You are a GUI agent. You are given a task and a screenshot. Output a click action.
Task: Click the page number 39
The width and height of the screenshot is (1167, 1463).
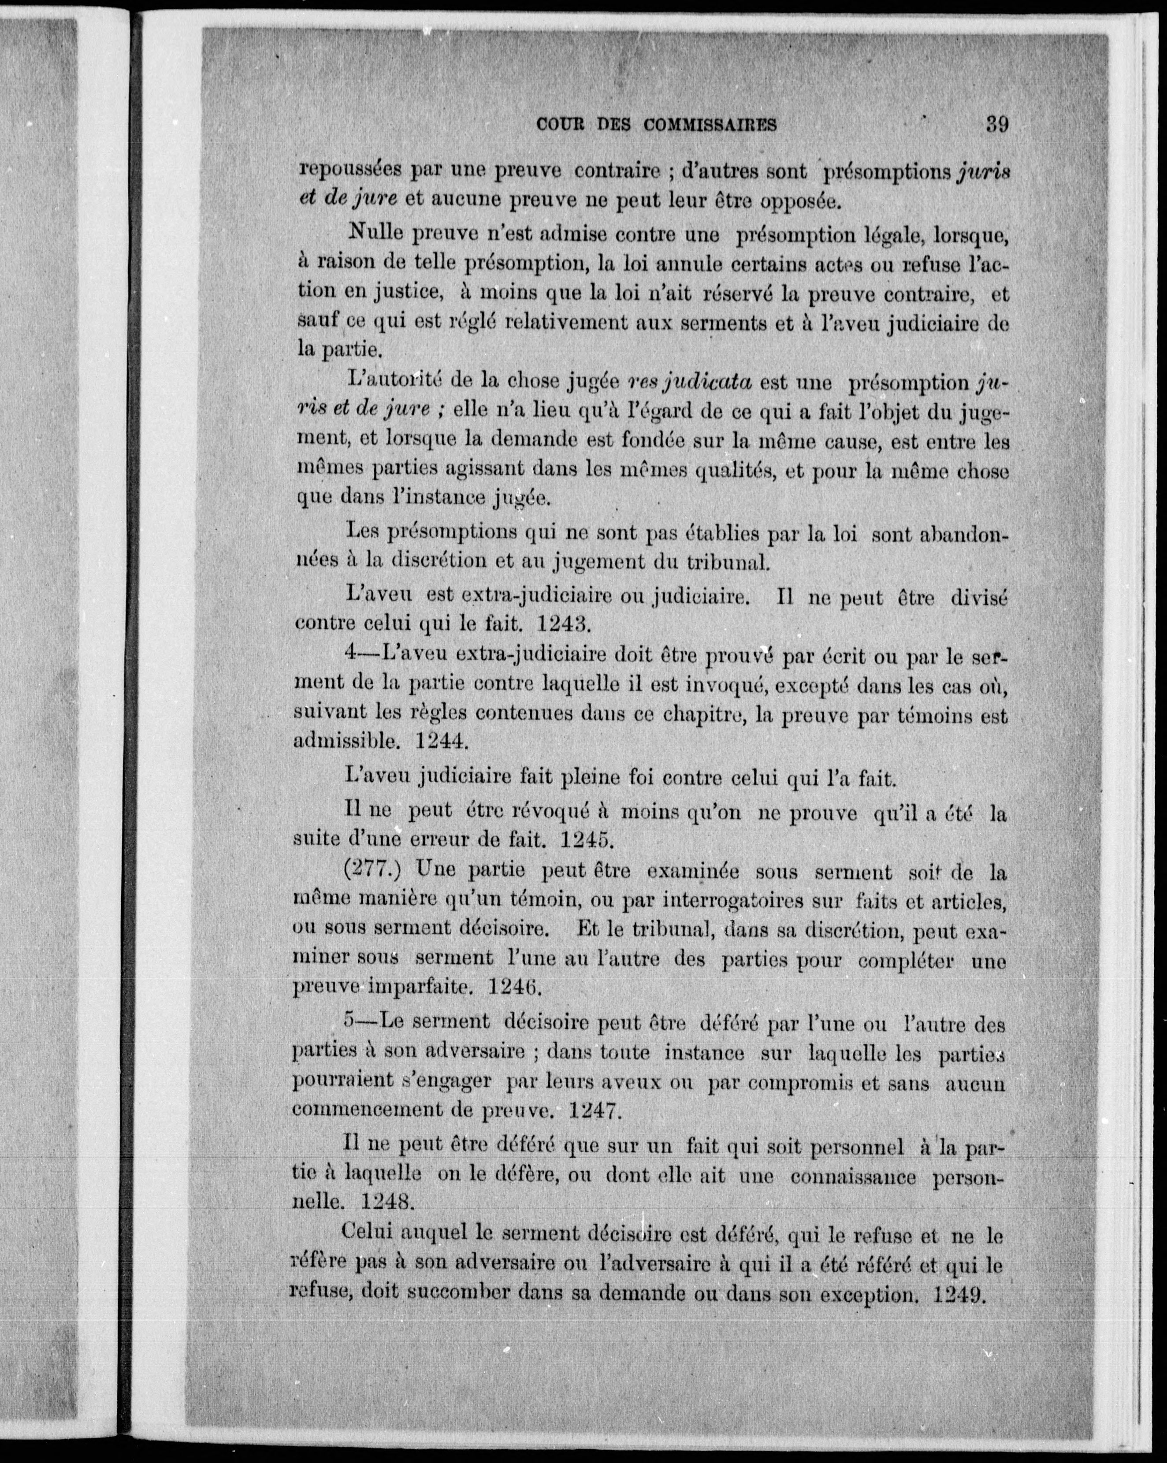click(997, 124)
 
